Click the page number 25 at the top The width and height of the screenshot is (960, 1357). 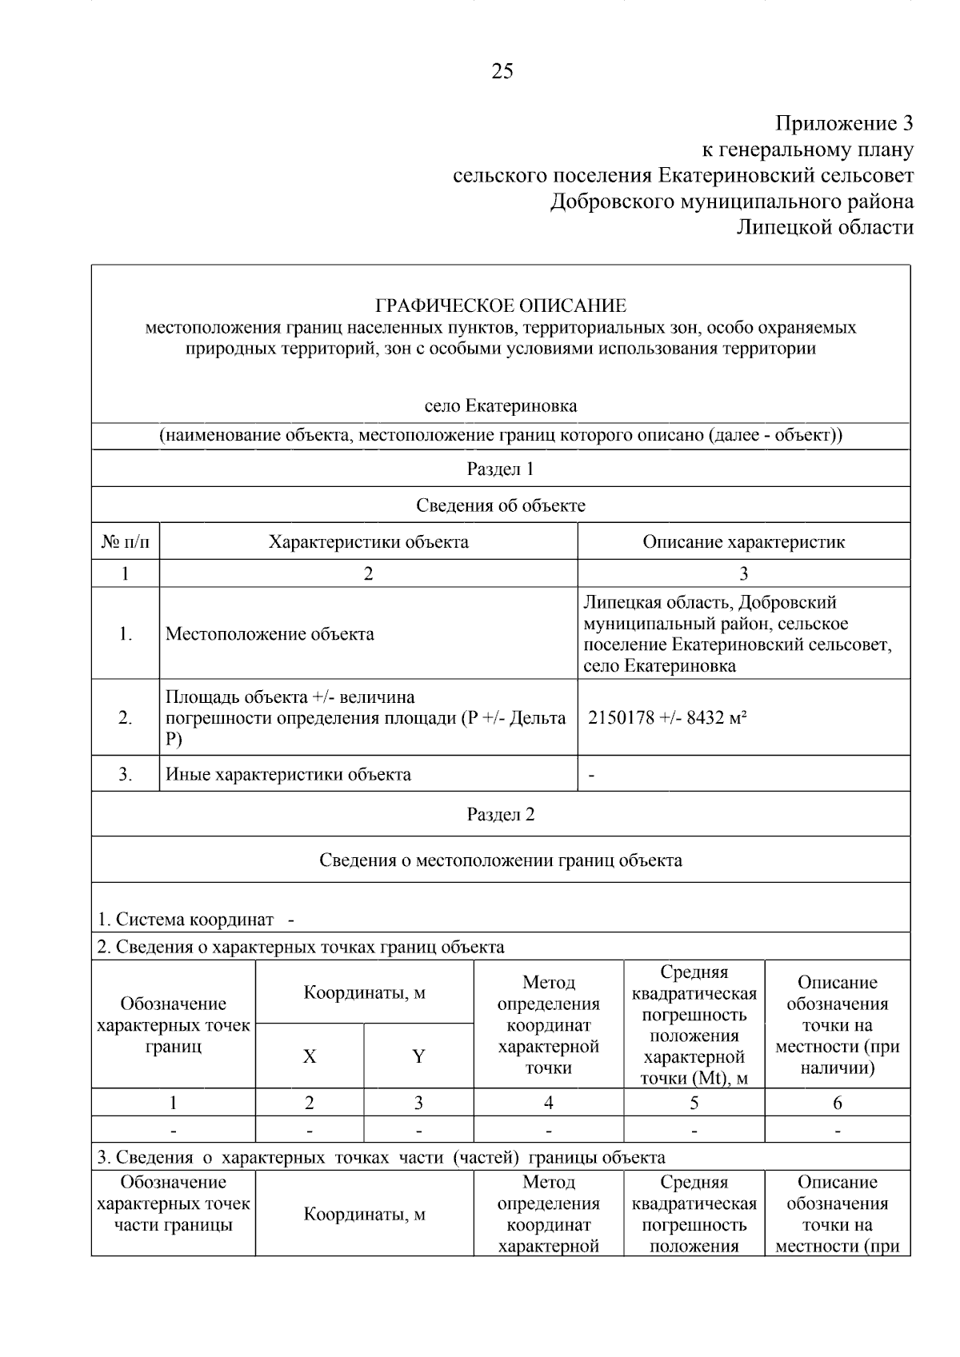point(502,72)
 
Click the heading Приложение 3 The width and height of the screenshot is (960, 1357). point(843,124)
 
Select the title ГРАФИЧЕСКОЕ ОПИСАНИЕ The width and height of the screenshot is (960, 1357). point(501,305)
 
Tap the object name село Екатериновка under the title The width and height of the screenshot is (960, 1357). point(501,405)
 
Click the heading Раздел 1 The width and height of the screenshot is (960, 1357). point(501,469)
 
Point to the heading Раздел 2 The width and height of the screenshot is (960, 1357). point(501,814)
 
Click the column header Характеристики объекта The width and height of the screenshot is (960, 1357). point(368,541)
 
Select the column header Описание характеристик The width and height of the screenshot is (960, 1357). point(743,541)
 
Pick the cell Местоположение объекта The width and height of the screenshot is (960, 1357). point(270,634)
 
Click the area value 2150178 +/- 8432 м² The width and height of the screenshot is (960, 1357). point(667,717)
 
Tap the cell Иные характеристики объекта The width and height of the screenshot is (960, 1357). point(288,774)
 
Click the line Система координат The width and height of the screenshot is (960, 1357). point(186,920)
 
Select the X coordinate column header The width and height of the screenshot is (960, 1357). point(310,1056)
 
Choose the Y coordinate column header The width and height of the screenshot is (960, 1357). point(418,1056)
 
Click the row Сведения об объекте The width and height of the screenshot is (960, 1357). point(501,505)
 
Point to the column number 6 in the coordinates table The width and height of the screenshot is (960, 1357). point(837,1103)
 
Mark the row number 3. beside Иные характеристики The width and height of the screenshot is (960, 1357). point(126,774)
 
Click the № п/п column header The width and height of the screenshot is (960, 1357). point(126,541)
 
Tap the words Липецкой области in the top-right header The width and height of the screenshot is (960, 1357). point(824,228)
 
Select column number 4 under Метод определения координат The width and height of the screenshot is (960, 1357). point(548,1103)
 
